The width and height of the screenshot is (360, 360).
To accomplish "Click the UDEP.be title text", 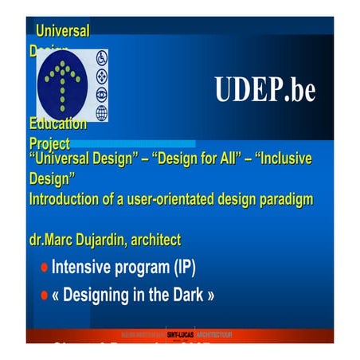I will [264, 90].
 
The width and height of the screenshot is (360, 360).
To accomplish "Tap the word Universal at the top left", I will [62, 31].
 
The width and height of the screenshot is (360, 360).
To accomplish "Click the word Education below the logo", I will [57, 124].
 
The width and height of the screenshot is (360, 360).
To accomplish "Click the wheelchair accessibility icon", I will [101, 60].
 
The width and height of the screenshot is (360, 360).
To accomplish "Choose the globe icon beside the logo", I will [101, 112].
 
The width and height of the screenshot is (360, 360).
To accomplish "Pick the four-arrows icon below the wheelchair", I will [101, 77].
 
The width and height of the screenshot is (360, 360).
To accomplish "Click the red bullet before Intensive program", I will [45, 268].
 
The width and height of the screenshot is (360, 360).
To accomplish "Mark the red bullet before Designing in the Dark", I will [45, 295].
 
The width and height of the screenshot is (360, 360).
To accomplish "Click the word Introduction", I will [66, 198].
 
